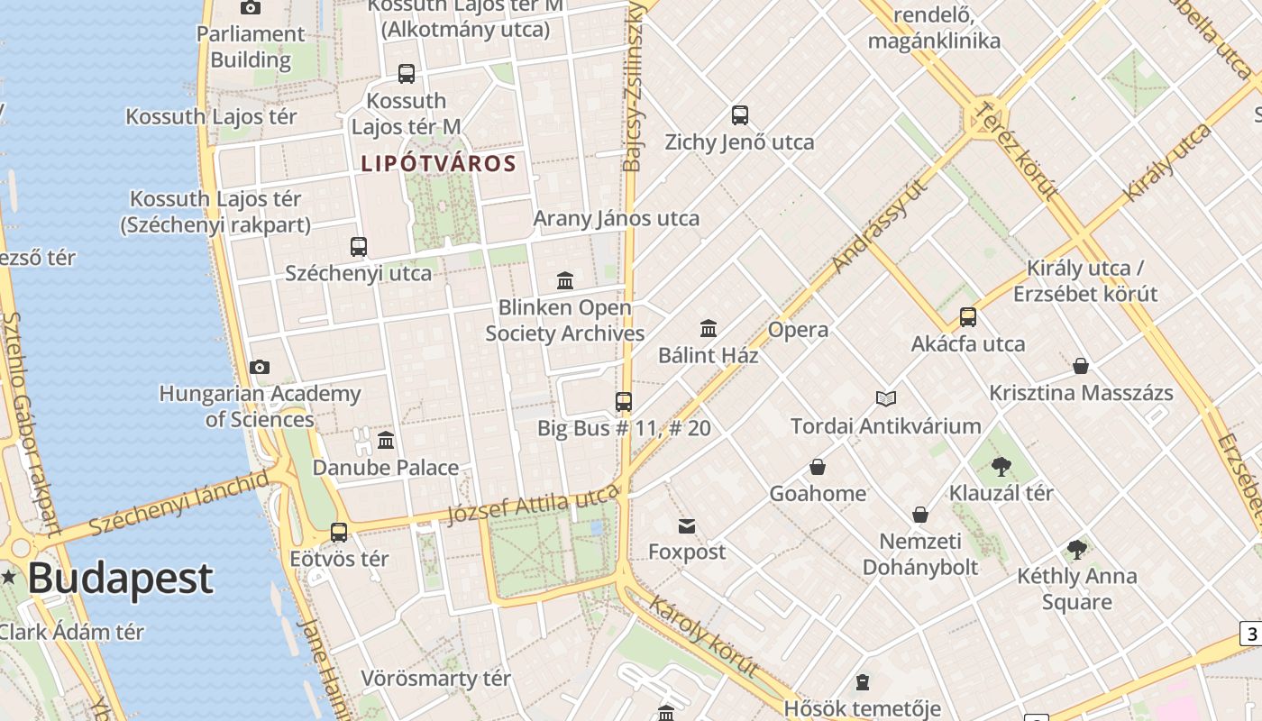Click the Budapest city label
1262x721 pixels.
point(120,579)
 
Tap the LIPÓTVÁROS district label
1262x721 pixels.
point(438,164)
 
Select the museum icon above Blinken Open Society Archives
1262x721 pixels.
point(565,280)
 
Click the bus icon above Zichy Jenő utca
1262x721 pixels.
point(740,115)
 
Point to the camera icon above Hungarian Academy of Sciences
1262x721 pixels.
point(260,367)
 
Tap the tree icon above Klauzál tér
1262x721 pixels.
point(1001,466)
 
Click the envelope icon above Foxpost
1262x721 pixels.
point(687,525)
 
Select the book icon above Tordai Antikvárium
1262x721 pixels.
point(886,398)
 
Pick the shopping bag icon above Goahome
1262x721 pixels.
point(818,467)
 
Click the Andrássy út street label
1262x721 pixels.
point(881,225)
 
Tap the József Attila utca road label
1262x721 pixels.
point(534,504)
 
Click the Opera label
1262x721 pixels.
point(798,330)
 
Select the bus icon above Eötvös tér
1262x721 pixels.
point(339,532)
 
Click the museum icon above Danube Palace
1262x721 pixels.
point(386,440)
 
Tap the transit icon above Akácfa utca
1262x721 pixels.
point(968,317)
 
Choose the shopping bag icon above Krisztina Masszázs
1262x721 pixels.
point(1081,366)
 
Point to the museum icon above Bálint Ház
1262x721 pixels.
point(709,328)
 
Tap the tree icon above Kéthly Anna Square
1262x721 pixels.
point(1076,549)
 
